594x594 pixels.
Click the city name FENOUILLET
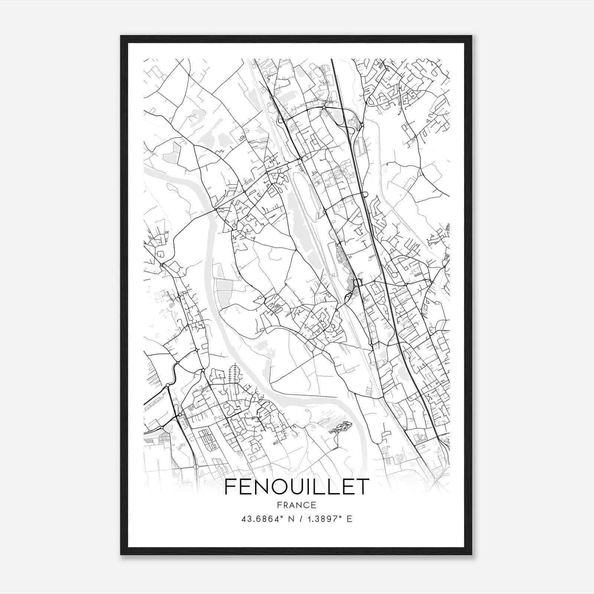(x=297, y=486)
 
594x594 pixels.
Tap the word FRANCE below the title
(x=297, y=505)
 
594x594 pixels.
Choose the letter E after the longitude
(x=349, y=519)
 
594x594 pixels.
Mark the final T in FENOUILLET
(x=363, y=486)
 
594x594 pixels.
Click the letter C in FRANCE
(x=306, y=505)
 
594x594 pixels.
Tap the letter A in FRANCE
(x=292, y=505)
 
